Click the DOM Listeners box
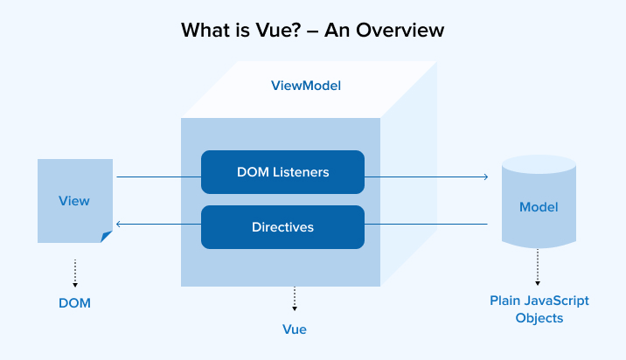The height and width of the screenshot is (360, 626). (x=282, y=172)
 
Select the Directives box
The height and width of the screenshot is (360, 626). (x=282, y=226)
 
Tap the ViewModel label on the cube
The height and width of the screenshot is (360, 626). (x=306, y=87)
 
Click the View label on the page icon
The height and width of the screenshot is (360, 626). (x=74, y=201)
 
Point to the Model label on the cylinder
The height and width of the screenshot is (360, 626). (x=539, y=207)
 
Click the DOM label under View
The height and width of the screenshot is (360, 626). (x=75, y=303)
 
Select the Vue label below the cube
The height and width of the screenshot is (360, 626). (x=295, y=329)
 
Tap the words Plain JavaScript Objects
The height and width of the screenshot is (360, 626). (x=539, y=309)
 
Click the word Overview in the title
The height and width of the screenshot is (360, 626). (x=398, y=31)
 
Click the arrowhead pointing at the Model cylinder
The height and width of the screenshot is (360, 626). (x=485, y=177)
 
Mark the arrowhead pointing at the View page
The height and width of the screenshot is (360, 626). (x=119, y=225)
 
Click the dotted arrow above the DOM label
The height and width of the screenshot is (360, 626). (x=75, y=273)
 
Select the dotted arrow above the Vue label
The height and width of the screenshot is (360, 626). (x=295, y=299)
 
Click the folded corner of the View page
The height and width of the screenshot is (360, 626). (x=107, y=236)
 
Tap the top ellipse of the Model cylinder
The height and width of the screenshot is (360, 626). (x=539, y=163)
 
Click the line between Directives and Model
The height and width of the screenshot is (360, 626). (x=425, y=225)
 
